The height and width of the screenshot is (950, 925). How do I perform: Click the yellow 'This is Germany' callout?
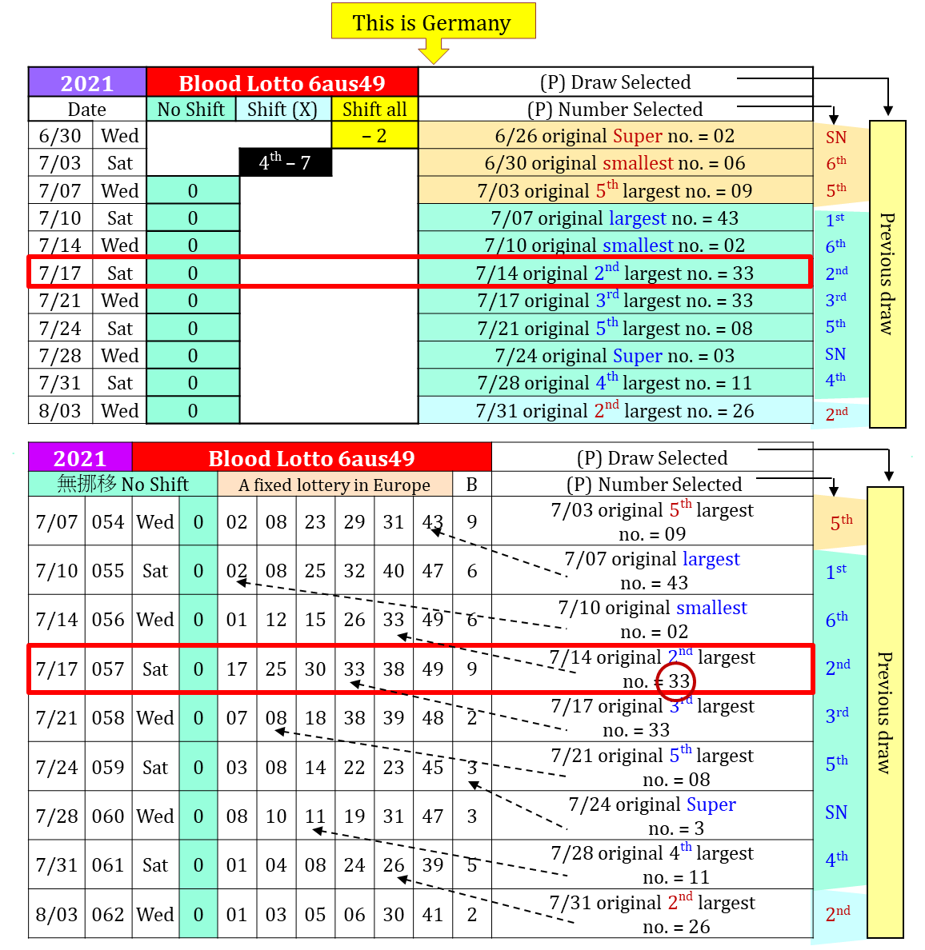pyautogui.click(x=433, y=22)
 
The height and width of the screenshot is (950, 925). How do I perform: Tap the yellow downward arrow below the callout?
pyautogui.click(x=433, y=52)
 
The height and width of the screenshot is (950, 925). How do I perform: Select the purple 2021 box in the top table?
pyautogui.click(x=87, y=82)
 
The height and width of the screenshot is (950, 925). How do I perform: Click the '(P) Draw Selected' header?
pyautogui.click(x=615, y=82)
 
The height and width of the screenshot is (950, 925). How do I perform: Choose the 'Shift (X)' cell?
pyautogui.click(x=282, y=110)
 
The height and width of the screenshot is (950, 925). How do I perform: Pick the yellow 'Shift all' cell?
pyautogui.click(x=374, y=110)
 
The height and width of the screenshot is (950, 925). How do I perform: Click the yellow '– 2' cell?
pyautogui.click(x=374, y=136)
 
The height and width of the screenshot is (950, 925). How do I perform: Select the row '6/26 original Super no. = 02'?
pyautogui.click(x=615, y=136)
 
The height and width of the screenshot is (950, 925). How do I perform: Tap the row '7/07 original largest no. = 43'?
pyautogui.click(x=615, y=218)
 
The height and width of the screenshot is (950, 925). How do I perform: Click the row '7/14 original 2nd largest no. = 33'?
pyautogui.click(x=615, y=273)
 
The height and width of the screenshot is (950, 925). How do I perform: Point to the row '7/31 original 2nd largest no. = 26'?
pyautogui.click(x=615, y=411)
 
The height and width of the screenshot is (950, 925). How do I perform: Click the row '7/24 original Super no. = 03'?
pyautogui.click(x=615, y=356)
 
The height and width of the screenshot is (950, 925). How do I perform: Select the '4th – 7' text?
pyautogui.click(x=284, y=162)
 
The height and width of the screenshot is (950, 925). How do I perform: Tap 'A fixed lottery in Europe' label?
pyautogui.click(x=334, y=485)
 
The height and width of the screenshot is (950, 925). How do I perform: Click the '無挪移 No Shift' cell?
pyautogui.click(x=122, y=485)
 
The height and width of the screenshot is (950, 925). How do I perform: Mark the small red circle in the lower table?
pyautogui.click(x=675, y=681)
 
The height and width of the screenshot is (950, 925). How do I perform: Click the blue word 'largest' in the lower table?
pyautogui.click(x=711, y=559)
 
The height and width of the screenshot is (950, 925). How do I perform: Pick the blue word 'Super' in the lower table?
pyautogui.click(x=711, y=804)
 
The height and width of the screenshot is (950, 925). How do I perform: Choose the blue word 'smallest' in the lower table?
pyautogui.click(x=711, y=608)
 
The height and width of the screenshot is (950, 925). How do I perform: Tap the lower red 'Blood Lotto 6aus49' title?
pyautogui.click(x=311, y=458)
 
